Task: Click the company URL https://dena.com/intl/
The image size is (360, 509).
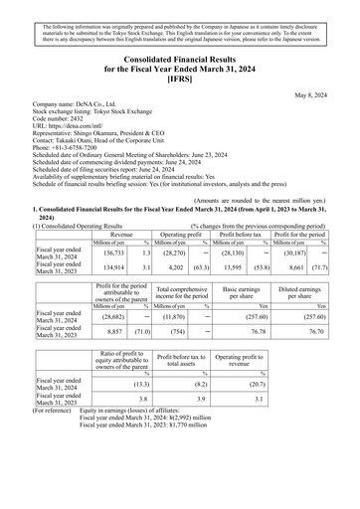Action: [81, 128]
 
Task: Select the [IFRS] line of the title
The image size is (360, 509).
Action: [179, 77]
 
